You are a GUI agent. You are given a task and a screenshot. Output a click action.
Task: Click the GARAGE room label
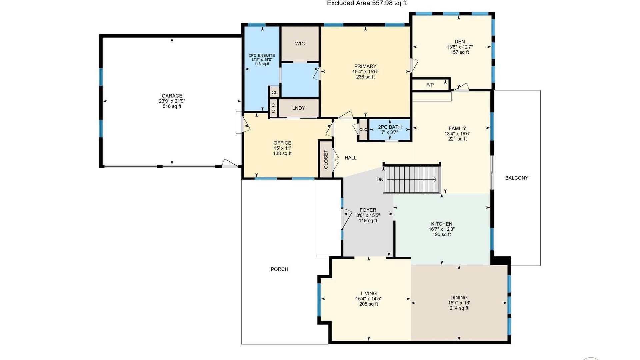tap(172, 96)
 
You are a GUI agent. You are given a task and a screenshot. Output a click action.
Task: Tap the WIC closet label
tap(300, 44)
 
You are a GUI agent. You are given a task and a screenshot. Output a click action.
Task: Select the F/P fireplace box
tap(431, 85)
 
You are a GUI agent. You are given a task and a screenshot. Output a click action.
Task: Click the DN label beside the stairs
tap(380, 179)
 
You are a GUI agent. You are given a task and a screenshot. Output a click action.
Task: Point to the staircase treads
tap(412, 179)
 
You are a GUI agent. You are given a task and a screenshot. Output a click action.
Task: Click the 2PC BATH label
tap(390, 127)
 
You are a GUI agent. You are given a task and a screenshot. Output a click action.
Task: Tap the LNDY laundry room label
tap(299, 108)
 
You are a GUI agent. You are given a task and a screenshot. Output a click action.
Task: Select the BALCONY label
tap(517, 178)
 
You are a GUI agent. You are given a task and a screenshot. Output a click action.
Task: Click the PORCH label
tap(279, 269)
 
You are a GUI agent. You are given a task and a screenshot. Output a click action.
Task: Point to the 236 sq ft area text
tap(365, 77)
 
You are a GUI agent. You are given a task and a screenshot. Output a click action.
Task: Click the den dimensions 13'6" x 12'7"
tap(460, 47)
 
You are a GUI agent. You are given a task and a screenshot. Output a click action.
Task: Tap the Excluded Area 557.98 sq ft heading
tap(367, 3)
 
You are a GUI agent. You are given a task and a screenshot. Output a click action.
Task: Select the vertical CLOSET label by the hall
tap(326, 159)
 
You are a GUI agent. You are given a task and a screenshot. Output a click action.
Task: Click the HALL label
tap(351, 158)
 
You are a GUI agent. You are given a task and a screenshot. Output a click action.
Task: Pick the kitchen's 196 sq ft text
tap(442, 234)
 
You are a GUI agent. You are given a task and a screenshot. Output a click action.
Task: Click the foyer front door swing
tap(346, 219)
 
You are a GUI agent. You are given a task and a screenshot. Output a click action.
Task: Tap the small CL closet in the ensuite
tap(274, 92)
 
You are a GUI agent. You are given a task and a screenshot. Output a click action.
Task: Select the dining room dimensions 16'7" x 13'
tap(459, 303)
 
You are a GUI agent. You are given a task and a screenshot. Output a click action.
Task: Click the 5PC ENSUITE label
tap(262, 56)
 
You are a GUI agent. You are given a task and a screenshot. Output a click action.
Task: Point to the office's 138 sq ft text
tap(282, 154)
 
